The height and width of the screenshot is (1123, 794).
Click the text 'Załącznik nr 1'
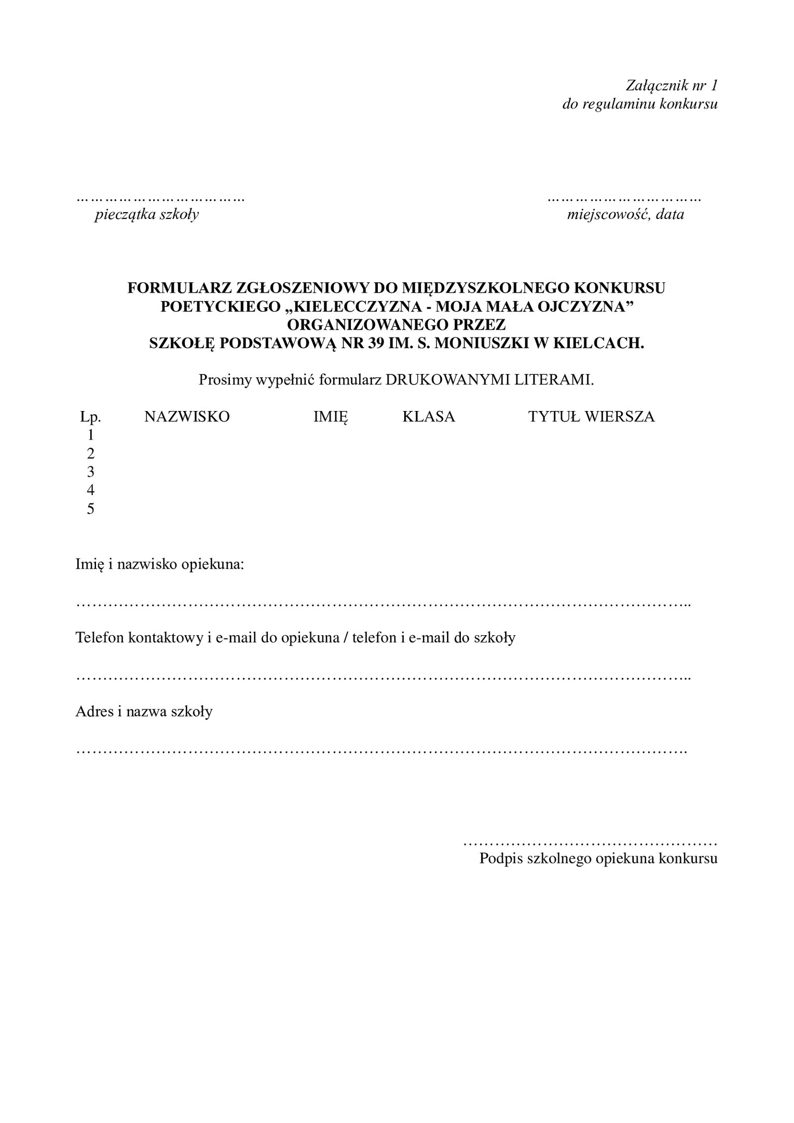671,85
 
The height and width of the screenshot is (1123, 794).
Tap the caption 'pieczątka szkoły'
146,214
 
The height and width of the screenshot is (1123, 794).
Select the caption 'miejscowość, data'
625,214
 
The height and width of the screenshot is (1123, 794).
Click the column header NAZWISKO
187,417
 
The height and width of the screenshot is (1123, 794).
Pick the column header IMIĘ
331,417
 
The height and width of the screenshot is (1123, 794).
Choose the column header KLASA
429,417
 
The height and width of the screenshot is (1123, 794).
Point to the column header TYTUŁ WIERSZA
592,417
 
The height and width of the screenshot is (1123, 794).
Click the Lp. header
90,417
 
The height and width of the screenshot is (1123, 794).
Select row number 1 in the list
91,434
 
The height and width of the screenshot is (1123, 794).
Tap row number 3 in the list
91,472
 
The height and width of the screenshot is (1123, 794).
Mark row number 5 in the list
91,509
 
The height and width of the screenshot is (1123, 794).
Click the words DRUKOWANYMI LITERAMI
489,380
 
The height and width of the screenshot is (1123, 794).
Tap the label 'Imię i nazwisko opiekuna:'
160,564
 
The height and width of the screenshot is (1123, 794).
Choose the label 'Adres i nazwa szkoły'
144,711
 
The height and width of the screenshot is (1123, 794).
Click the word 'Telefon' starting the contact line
100,637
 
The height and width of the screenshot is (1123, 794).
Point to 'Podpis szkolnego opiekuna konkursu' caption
598,858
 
